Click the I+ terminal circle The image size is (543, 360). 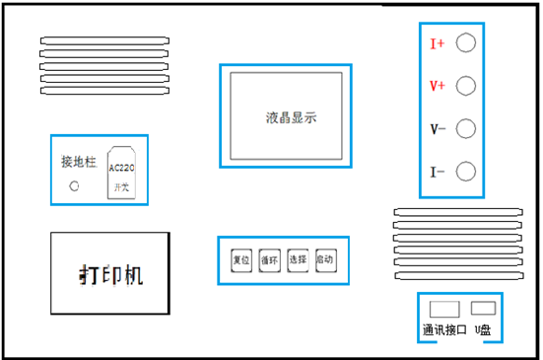(467, 42)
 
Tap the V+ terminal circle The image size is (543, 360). (467, 85)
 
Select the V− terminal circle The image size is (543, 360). (467, 128)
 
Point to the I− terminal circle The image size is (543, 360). (467, 172)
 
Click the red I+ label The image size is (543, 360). (438, 44)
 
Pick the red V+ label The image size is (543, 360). (438, 87)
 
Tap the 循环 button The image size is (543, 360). (269, 260)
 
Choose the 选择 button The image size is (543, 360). (298, 260)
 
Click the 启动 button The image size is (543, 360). (326, 259)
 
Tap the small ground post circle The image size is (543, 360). (72, 184)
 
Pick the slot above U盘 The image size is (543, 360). (482, 307)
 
